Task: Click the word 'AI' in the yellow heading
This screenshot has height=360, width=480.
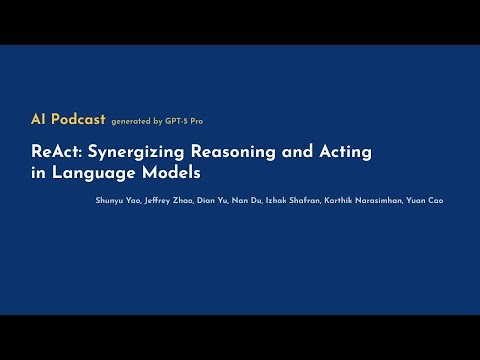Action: [x=40, y=119]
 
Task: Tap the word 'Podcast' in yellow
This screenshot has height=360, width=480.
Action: [x=77, y=119]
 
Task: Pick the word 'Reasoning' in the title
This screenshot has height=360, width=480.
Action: [x=236, y=152]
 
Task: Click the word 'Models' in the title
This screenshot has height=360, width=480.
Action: [x=160, y=171]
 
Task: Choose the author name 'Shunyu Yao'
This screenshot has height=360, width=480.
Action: [x=111, y=200]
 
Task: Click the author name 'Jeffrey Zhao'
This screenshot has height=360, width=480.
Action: [x=165, y=200]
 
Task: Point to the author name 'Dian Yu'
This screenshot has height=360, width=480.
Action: [x=212, y=200]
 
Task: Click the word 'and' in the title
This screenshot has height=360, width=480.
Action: [x=296, y=151]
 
